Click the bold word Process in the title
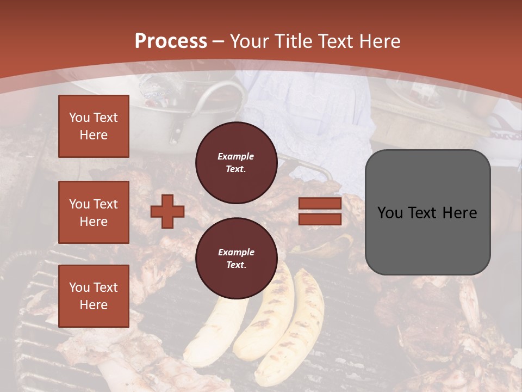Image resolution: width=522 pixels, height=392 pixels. [171, 41]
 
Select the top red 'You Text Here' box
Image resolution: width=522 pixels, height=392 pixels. [94, 126]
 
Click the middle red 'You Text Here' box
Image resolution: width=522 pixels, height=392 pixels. [94, 212]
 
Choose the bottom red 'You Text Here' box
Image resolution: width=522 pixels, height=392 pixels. [94, 296]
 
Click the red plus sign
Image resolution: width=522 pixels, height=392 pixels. [167, 211]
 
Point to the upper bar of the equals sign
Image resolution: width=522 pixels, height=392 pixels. [320, 204]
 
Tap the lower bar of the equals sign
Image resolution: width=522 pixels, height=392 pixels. [320, 219]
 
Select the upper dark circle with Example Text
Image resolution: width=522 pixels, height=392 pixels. [236, 162]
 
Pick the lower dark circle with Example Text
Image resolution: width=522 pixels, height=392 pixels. [236, 258]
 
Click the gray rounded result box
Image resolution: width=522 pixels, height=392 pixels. [427, 212]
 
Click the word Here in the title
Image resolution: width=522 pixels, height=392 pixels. [378, 41]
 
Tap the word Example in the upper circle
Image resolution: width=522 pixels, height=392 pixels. [236, 156]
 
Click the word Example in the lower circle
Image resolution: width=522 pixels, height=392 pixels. [236, 252]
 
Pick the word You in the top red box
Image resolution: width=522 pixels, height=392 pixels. [79, 118]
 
